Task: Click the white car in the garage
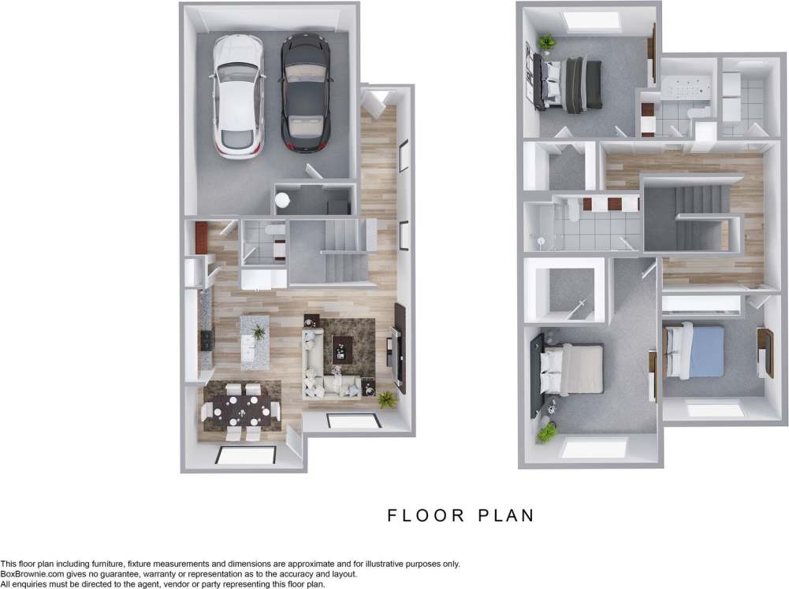236,96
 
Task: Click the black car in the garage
306,93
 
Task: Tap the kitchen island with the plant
255,342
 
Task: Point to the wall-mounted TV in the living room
400,346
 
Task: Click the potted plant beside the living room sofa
385,399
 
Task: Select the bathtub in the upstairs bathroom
687,88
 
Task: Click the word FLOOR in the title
425,516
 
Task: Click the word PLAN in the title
507,516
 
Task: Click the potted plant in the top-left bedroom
545,41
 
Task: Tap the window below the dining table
247,455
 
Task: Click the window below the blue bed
715,409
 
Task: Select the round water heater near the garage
282,201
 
